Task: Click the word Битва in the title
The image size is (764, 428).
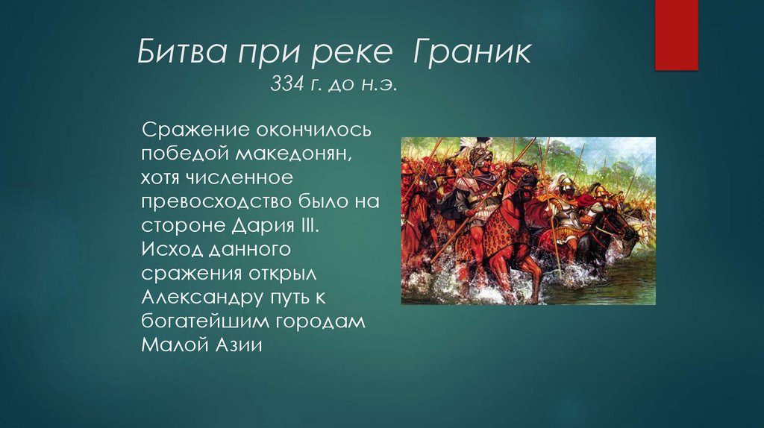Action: coord(179,54)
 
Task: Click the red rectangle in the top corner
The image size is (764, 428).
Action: coord(675,34)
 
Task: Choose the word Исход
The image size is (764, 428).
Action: coord(169,250)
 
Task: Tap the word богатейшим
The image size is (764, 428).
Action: coord(201,321)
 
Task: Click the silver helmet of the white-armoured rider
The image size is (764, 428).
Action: coord(565,186)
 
